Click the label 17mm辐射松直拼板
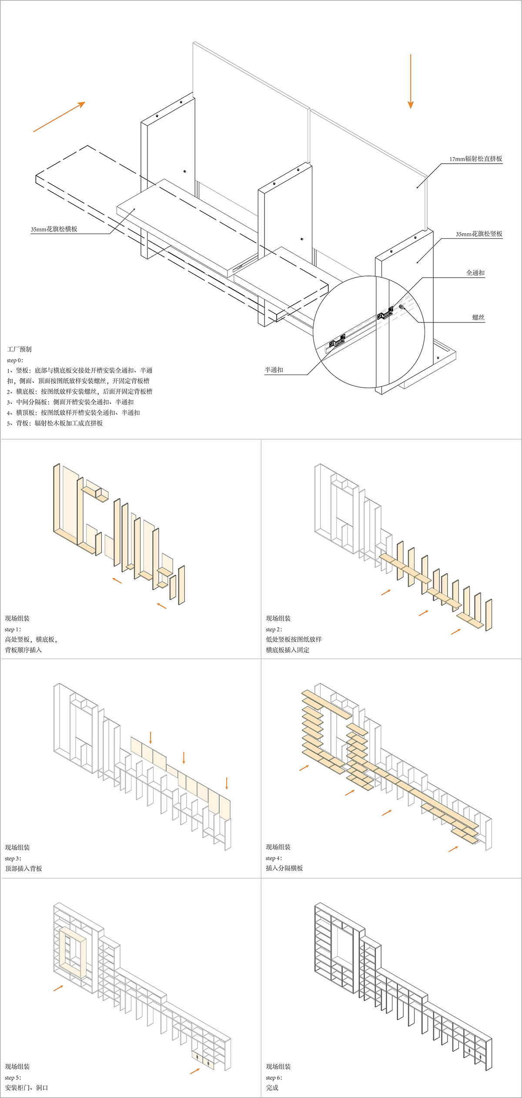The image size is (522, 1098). [x=475, y=159]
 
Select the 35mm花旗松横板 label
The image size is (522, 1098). [x=54, y=229]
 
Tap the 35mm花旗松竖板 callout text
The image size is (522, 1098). [x=479, y=234]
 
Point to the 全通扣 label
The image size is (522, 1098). [x=475, y=273]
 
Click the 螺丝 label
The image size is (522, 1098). [x=478, y=318]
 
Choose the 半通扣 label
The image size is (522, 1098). [x=274, y=370]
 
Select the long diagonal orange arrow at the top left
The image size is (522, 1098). [x=59, y=117]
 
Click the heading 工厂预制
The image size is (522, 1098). [x=19, y=349]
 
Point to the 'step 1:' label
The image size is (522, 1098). [x=13, y=629]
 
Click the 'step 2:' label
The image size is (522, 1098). [x=274, y=629]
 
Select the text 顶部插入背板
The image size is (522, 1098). [x=23, y=868]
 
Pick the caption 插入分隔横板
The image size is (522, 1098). [x=284, y=868]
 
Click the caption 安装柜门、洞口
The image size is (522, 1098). [x=27, y=1087]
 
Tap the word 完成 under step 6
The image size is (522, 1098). [x=272, y=1087]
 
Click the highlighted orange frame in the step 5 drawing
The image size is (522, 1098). [x=73, y=952]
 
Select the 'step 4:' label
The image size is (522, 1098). [x=274, y=858]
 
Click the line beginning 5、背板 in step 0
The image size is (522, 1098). [x=55, y=423]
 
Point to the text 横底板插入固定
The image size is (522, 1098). [x=288, y=650]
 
